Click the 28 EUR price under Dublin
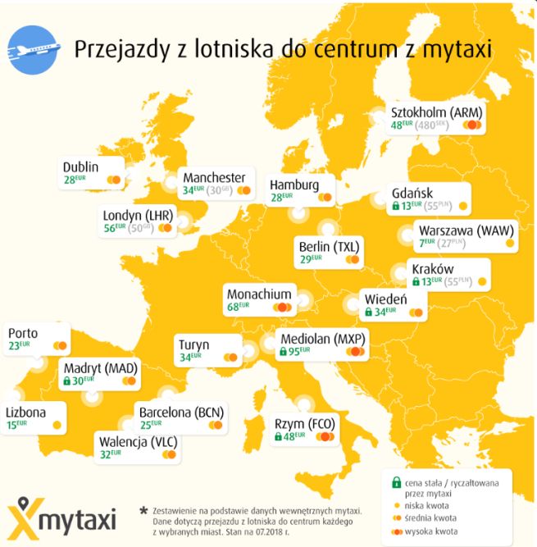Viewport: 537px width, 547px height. [75, 180]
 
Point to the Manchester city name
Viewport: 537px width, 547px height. [214, 177]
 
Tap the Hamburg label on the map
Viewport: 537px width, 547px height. [294, 185]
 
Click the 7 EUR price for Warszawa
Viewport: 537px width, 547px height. [425, 243]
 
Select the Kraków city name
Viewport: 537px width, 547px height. [432, 269]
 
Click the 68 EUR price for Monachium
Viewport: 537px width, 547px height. [239, 308]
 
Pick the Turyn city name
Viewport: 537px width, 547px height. [193, 344]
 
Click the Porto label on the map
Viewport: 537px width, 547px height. [23, 333]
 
